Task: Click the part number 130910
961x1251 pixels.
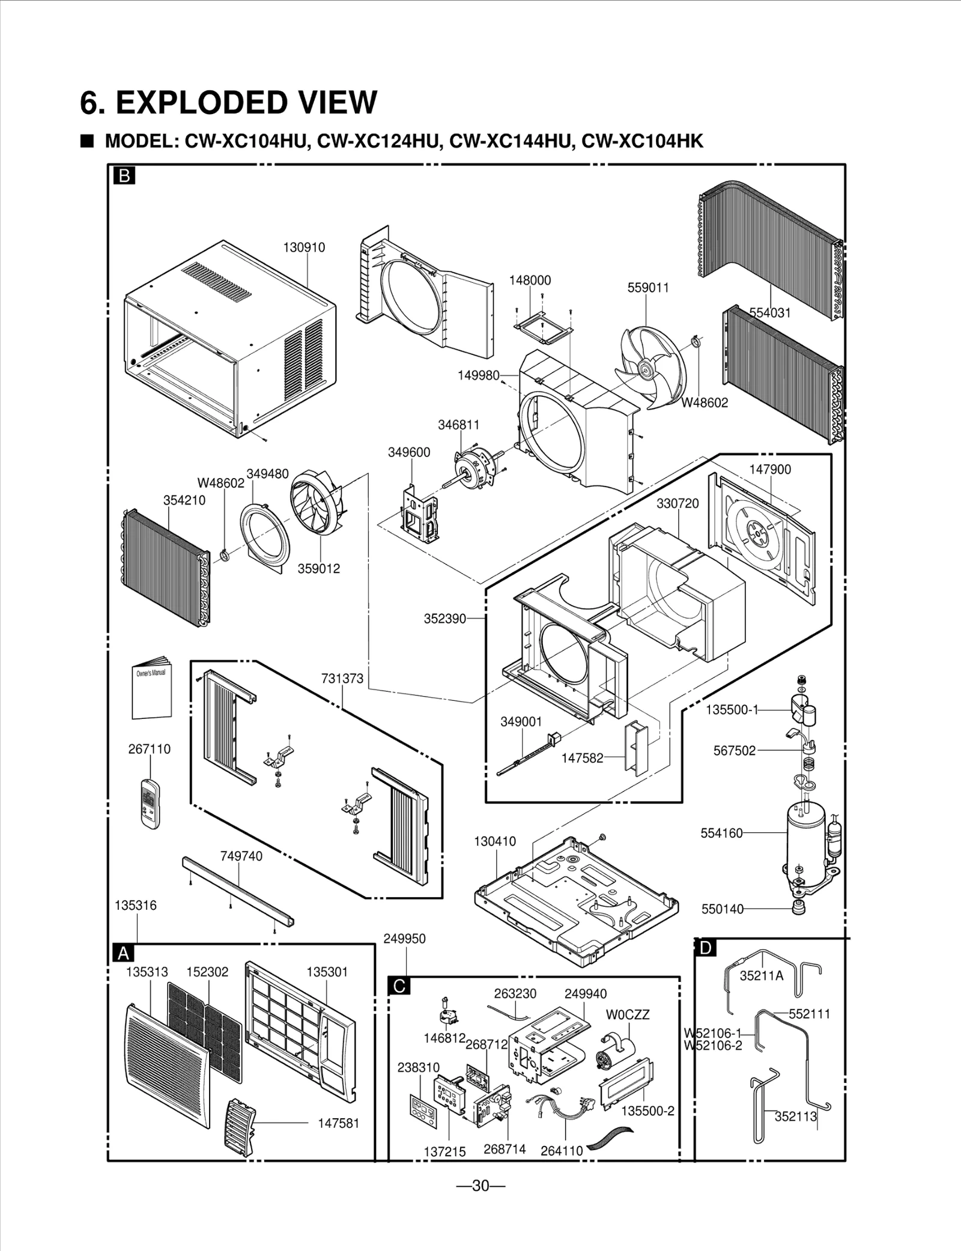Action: click(304, 247)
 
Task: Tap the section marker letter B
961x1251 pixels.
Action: click(124, 175)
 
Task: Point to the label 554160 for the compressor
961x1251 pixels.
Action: click(721, 833)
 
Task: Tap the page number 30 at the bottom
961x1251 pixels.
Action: click(480, 1186)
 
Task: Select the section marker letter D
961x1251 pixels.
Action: click(705, 948)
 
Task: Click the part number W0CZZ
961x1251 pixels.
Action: click(628, 1014)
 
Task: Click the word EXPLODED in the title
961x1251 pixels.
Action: click(199, 102)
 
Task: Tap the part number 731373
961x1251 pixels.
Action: click(342, 679)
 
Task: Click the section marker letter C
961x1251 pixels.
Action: click(399, 986)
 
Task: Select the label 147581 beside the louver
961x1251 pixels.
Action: click(338, 1123)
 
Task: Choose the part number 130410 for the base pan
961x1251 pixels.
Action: click(495, 841)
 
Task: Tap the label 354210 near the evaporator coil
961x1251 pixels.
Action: click(184, 500)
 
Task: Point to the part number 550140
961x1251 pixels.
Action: click(723, 909)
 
